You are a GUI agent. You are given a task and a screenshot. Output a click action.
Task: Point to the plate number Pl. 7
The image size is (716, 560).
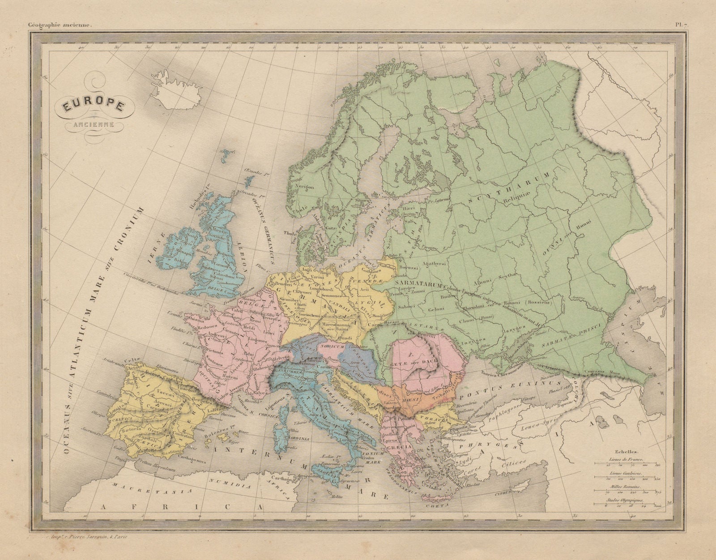pyautogui.click(x=682, y=26)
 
